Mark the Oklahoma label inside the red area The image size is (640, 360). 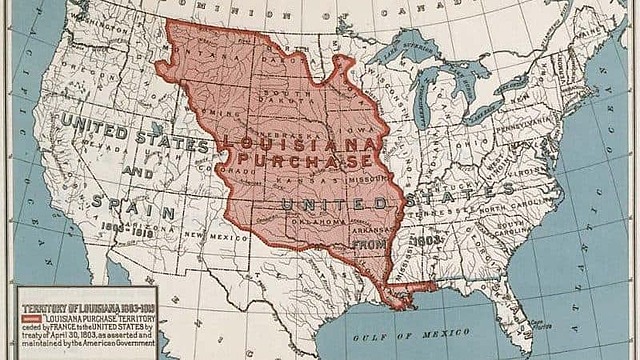(x=319, y=221)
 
